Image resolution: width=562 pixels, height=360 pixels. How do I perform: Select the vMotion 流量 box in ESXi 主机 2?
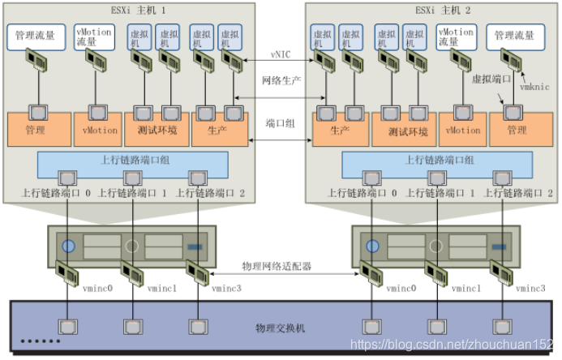pyautogui.click(x=457, y=36)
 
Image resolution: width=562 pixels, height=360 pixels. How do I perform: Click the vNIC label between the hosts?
pyautogui.click(x=281, y=55)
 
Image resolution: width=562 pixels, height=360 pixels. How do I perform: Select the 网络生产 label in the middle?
pyautogui.click(x=281, y=80)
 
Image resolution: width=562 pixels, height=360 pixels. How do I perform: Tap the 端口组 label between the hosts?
pyautogui.click(x=281, y=123)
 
